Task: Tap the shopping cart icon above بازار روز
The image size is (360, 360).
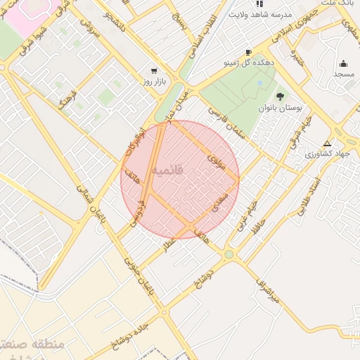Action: (154, 72)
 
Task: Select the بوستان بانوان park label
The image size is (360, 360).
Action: (281, 110)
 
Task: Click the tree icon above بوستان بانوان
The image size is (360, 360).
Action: (281, 97)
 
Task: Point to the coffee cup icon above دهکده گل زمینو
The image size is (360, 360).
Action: (248, 53)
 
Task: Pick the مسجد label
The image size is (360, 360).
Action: (343, 74)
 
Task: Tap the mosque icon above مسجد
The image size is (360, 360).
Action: (343, 63)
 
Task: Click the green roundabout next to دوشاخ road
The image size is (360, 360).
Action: (229, 255)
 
